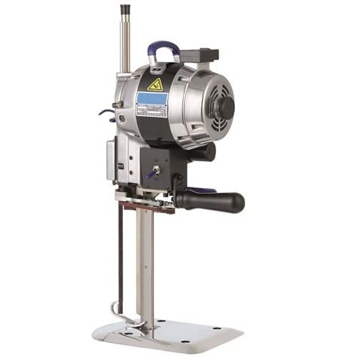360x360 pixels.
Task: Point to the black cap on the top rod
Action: click(x=124, y=10)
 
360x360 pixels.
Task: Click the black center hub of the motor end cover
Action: click(x=224, y=108)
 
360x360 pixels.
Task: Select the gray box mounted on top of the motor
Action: click(x=199, y=56)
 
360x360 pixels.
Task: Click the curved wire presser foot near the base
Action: click(x=121, y=313)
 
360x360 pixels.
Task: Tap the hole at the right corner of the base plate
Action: click(x=219, y=330)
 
